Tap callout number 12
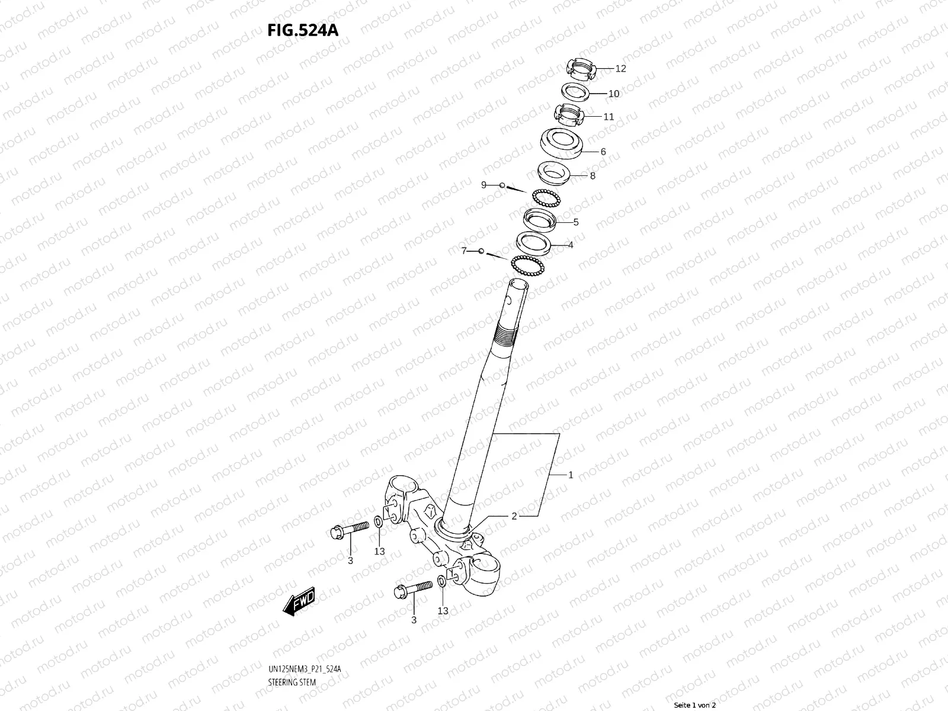point(620,69)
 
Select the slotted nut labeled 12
point(580,70)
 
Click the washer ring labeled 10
point(575,92)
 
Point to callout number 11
point(608,117)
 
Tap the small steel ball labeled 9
point(502,185)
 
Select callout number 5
point(575,222)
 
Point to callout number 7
point(464,251)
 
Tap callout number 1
point(571,475)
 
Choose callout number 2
point(514,516)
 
